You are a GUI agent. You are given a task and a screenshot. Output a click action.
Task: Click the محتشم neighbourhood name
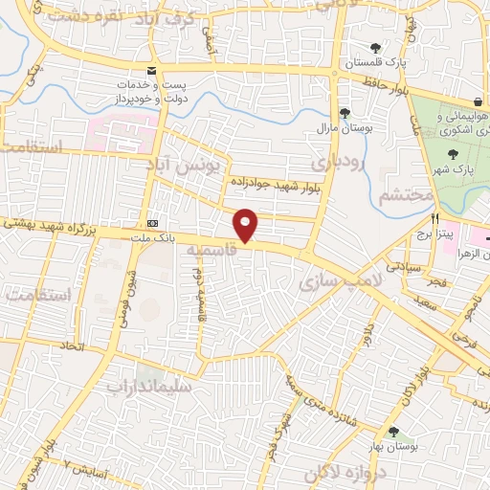pos(407,197)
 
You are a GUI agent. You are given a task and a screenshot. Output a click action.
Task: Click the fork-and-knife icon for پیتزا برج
pos(434,217)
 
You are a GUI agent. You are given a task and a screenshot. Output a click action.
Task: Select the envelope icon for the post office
pos(151,71)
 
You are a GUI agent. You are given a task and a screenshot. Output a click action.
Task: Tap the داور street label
pos(366,336)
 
